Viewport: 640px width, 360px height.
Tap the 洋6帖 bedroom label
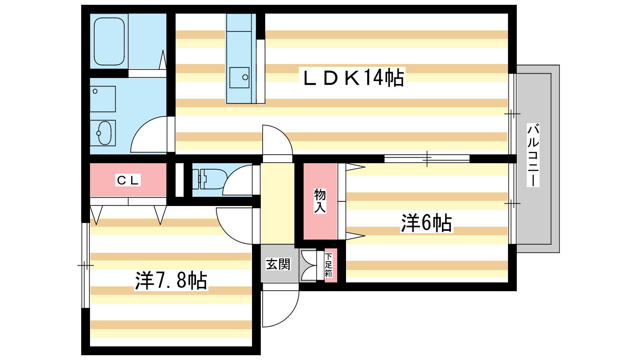(426, 223)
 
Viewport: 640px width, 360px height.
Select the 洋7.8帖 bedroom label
(171, 280)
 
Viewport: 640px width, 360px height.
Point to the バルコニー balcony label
(533, 155)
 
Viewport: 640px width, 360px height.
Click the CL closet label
(128, 180)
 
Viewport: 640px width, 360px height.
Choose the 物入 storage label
(320, 201)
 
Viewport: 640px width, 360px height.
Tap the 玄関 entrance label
(278, 264)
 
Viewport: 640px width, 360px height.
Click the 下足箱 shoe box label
(329, 265)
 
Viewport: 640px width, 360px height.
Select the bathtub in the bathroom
(109, 41)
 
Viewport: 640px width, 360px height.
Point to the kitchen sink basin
(239, 77)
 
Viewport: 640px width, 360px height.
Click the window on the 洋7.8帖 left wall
(85, 265)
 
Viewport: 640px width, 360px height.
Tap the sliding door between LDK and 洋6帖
(427, 159)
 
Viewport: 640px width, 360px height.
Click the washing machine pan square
(103, 99)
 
